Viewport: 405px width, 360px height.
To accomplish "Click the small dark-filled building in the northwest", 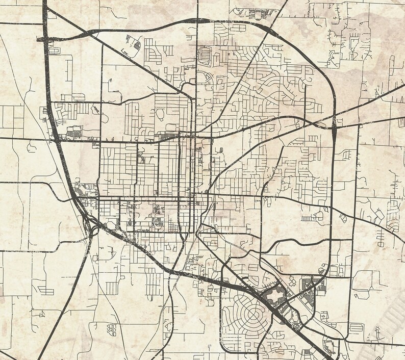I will click(137, 44).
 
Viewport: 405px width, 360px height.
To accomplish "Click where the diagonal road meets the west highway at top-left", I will click(47, 10).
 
